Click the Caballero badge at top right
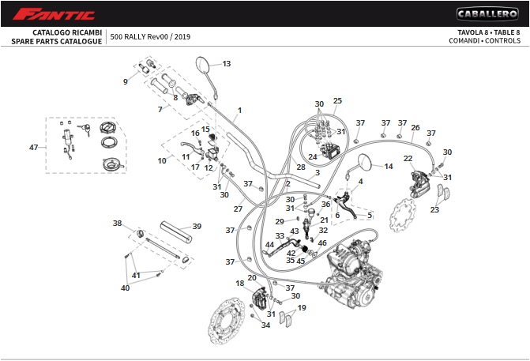click(x=487, y=13)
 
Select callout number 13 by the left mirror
click(x=227, y=64)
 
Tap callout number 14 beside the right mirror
click(x=388, y=167)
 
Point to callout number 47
click(x=33, y=148)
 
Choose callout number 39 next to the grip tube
click(x=197, y=226)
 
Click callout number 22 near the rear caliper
click(x=408, y=159)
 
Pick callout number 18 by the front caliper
click(x=239, y=283)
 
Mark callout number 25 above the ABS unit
click(x=337, y=100)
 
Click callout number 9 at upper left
click(x=125, y=81)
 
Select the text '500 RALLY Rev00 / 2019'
click(x=150, y=36)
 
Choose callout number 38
click(x=117, y=224)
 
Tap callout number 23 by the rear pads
click(x=434, y=210)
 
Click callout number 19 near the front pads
click(x=302, y=307)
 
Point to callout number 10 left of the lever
click(x=162, y=160)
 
